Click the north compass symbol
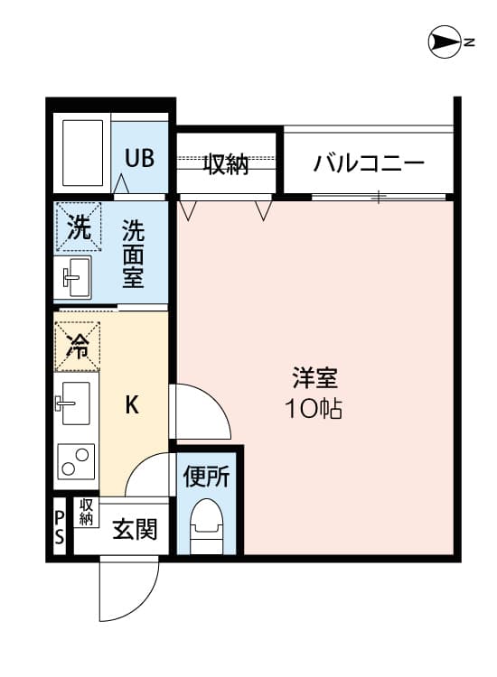click(445, 42)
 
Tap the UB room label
click(139, 158)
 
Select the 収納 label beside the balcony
click(225, 164)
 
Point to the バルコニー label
click(369, 164)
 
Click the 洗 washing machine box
click(79, 226)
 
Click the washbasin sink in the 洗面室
click(76, 276)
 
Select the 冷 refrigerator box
click(78, 346)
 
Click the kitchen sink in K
click(76, 403)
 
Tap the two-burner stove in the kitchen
click(75, 461)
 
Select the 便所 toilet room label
click(209, 476)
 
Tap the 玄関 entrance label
click(134, 529)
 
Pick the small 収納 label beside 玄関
click(87, 512)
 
